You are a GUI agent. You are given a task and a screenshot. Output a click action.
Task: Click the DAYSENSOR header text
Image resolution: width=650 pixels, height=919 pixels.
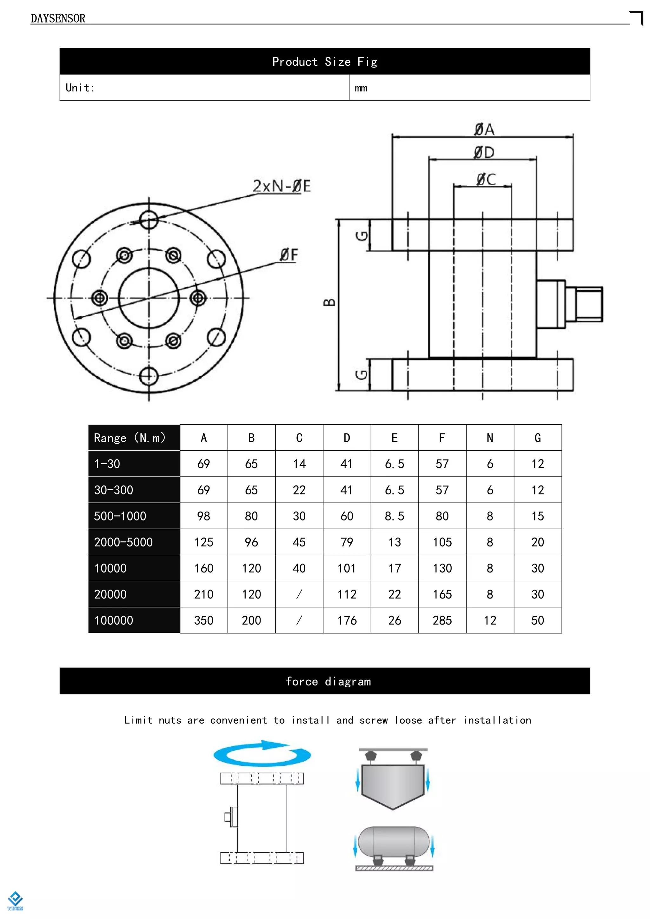click(58, 18)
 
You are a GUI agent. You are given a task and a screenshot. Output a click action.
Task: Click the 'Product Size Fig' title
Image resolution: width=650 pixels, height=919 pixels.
click(325, 62)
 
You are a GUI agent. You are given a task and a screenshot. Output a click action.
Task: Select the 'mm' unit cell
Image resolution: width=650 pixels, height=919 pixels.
click(361, 88)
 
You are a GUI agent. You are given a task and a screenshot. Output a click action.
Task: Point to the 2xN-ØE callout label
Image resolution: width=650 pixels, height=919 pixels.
click(282, 186)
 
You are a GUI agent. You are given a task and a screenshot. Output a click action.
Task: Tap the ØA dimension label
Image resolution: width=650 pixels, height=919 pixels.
click(484, 129)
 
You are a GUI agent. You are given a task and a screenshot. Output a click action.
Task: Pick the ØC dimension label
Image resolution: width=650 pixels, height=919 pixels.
click(486, 179)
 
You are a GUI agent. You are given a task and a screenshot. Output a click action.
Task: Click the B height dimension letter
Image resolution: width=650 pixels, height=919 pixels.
click(329, 303)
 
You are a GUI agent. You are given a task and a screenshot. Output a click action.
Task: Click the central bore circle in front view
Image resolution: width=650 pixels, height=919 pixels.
click(149, 298)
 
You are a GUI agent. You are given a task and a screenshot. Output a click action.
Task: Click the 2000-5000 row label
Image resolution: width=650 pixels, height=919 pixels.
click(123, 542)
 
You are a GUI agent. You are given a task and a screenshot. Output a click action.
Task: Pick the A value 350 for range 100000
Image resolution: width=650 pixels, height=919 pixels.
click(203, 620)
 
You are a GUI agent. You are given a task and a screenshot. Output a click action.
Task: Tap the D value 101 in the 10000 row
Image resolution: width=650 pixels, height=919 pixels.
click(347, 568)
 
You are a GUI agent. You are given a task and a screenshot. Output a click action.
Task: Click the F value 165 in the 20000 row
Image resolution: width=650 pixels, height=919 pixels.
click(442, 594)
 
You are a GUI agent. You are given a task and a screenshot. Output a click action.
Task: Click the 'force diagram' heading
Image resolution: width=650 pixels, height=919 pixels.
click(328, 682)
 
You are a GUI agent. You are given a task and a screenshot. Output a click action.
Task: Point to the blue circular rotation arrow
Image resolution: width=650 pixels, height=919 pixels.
click(262, 754)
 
